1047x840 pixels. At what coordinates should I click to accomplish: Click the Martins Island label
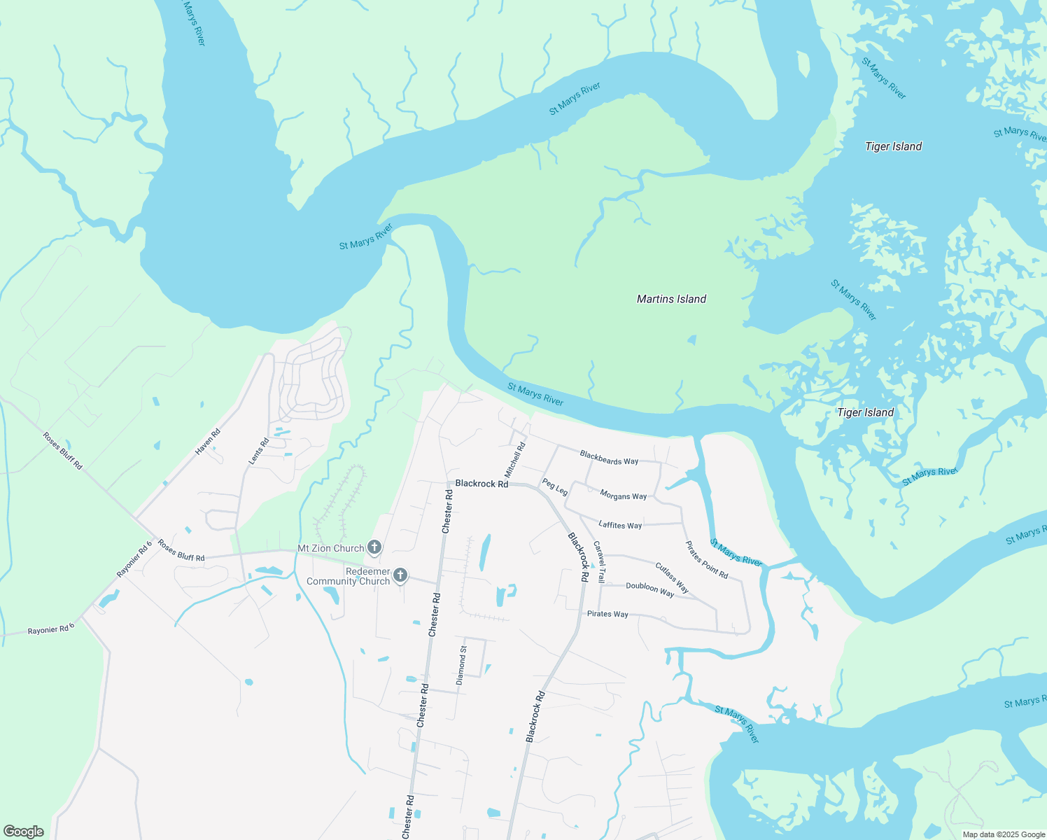click(x=671, y=299)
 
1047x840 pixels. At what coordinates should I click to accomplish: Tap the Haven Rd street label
click(x=208, y=442)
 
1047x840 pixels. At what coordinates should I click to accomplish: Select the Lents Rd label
click(x=259, y=451)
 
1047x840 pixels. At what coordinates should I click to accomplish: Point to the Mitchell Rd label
click(x=514, y=460)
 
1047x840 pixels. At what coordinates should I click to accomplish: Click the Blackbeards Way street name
click(x=609, y=458)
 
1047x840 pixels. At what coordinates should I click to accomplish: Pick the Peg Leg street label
click(x=554, y=486)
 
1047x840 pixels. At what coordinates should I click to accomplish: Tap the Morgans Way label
click(x=623, y=495)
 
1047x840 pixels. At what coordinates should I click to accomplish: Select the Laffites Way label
click(x=620, y=525)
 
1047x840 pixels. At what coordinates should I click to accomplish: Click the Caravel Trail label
click(x=598, y=561)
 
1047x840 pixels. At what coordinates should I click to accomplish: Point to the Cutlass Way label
click(x=672, y=577)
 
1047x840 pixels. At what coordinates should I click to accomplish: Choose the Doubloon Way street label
click(x=649, y=589)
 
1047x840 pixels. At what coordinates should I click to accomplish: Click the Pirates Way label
click(x=607, y=614)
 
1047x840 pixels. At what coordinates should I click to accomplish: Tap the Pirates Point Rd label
click(x=706, y=560)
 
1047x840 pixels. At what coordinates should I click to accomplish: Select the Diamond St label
click(x=461, y=665)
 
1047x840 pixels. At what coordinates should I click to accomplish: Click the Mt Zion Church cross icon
click(x=374, y=547)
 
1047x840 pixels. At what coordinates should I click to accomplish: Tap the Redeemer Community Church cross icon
click(x=400, y=575)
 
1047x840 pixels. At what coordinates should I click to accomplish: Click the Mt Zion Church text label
click(x=331, y=548)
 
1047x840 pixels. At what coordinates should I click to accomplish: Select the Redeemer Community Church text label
click(x=348, y=576)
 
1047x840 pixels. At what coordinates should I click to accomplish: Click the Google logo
click(x=24, y=832)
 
